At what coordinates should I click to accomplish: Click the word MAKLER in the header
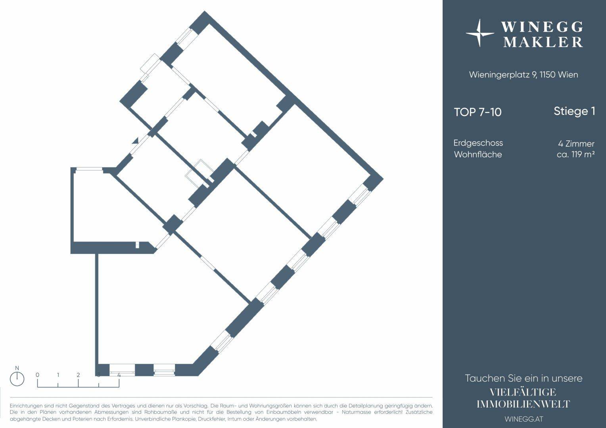pos(543,42)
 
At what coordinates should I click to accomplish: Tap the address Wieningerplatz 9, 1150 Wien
pos(524,75)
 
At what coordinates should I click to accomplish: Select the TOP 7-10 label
pos(478,112)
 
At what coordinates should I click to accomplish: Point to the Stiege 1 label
pos(574,111)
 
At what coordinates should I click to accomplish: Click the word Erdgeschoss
pos(478,143)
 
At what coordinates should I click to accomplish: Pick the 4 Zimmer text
pos(576,143)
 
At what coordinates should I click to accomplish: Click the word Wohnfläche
pos(478,155)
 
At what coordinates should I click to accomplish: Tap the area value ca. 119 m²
pos(575,155)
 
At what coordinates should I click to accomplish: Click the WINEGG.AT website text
pos(524,419)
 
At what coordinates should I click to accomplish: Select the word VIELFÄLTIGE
pos(523,392)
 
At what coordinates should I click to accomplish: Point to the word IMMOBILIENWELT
pos(523,404)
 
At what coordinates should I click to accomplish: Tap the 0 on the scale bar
pos(37,375)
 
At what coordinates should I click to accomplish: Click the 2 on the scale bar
pos(78,375)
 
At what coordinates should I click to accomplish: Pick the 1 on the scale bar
pos(58,375)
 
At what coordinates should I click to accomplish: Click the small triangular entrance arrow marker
pos(135,141)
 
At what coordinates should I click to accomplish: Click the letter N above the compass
pos(17,368)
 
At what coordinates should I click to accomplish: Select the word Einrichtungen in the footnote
pos(26,406)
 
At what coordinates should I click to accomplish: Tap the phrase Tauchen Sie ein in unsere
pos(524,378)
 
